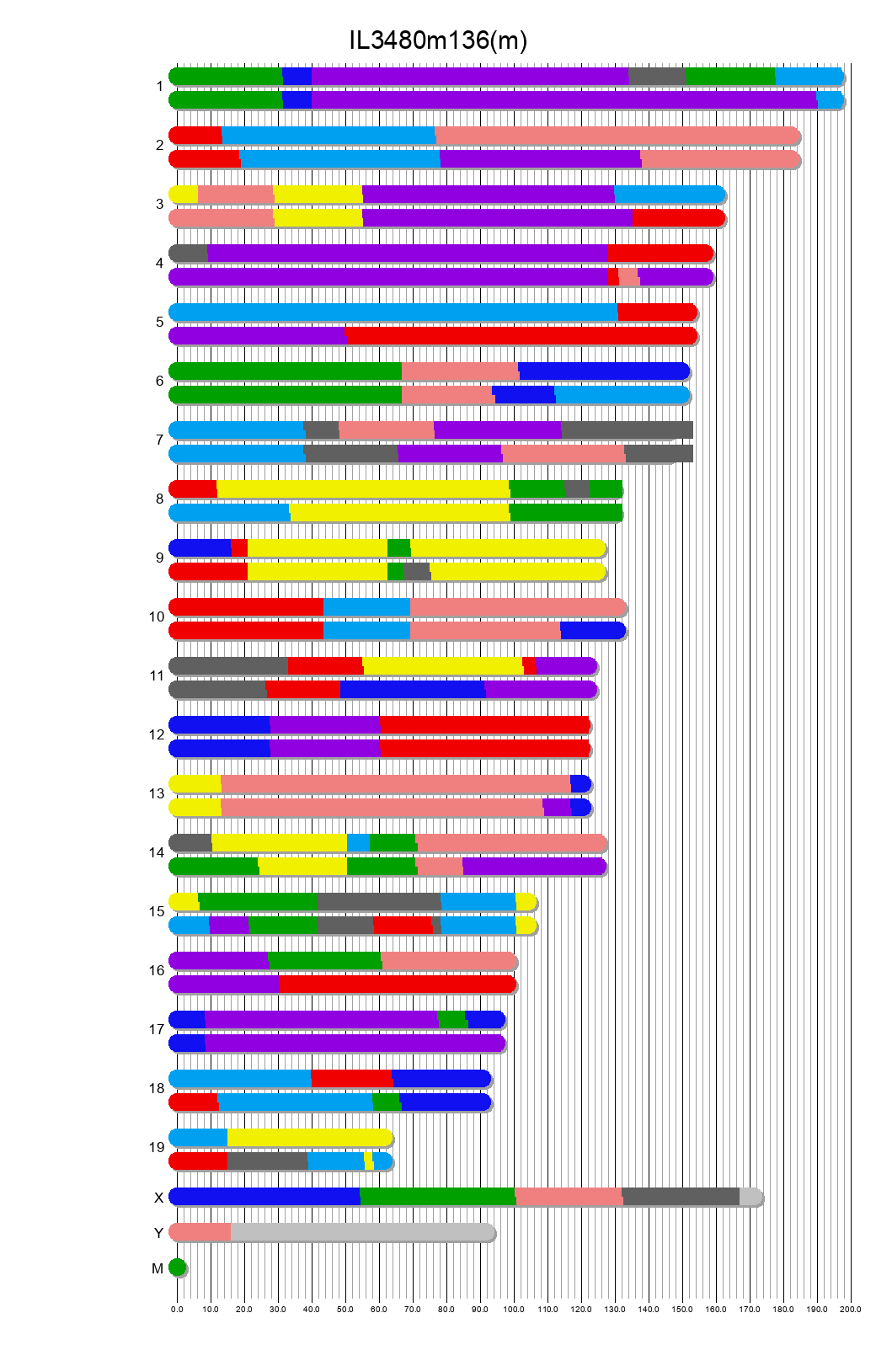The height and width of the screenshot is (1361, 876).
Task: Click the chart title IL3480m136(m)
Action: [438, 40]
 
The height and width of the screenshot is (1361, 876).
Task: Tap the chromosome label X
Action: [158, 1198]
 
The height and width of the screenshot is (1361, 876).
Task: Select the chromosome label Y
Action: [158, 1233]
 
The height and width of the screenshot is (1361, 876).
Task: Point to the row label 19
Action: [157, 1147]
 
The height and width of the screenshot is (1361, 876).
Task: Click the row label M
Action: [158, 1268]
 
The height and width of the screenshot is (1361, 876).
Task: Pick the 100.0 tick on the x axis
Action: [514, 1309]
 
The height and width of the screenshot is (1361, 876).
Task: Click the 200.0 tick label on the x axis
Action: [851, 1309]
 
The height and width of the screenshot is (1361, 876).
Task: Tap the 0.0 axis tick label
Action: [177, 1309]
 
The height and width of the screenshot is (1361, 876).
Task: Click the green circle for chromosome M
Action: [177, 1267]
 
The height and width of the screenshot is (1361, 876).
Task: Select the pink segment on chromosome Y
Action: [200, 1232]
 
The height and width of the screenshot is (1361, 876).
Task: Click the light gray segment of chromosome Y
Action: [362, 1232]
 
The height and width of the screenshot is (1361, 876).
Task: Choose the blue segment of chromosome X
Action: [264, 1197]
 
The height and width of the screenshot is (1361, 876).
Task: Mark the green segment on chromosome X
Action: [437, 1197]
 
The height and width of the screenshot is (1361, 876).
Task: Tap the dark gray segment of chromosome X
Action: [681, 1197]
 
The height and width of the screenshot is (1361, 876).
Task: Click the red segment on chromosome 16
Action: [396, 985]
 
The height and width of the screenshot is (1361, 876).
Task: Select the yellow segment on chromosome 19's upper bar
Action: [309, 1138]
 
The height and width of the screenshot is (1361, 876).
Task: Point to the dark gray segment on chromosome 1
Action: [657, 77]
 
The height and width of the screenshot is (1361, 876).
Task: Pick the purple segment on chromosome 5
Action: [257, 336]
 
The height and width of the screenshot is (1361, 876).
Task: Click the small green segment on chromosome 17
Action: [452, 1020]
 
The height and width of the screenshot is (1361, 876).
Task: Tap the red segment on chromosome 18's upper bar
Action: [351, 1079]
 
